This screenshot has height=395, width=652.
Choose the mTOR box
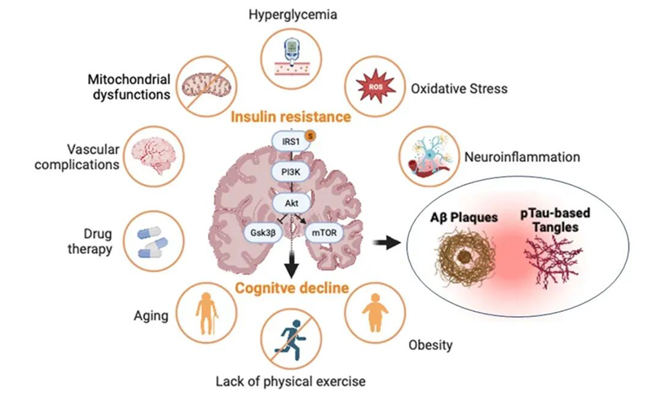coord(320,232)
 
